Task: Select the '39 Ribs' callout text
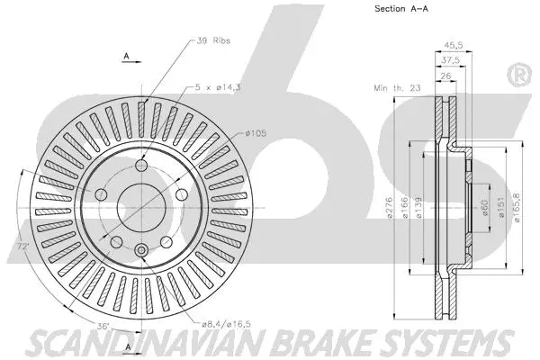click(211, 41)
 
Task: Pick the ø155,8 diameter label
click(515, 209)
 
